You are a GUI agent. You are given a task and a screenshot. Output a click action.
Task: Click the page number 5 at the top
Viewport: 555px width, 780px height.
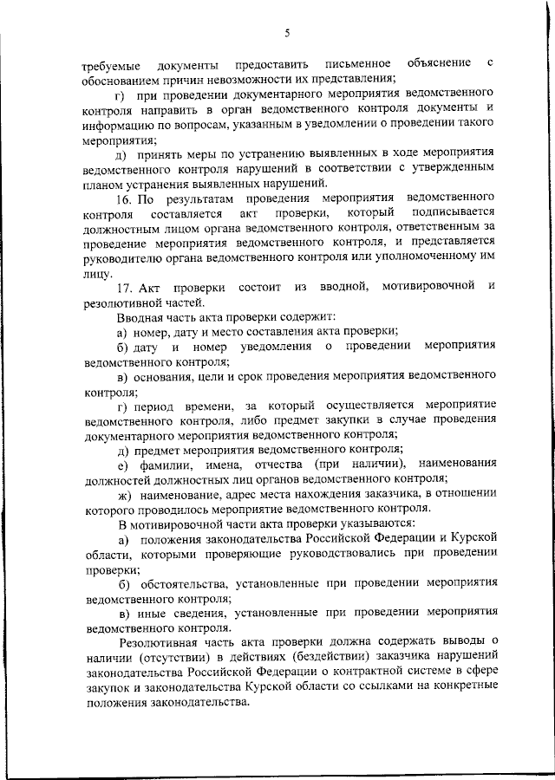[x=286, y=33]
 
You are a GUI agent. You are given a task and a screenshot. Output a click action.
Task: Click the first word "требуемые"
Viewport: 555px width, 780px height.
[x=109, y=66]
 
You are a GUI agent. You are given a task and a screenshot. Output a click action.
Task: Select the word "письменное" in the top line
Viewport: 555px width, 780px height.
[x=355, y=65]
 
